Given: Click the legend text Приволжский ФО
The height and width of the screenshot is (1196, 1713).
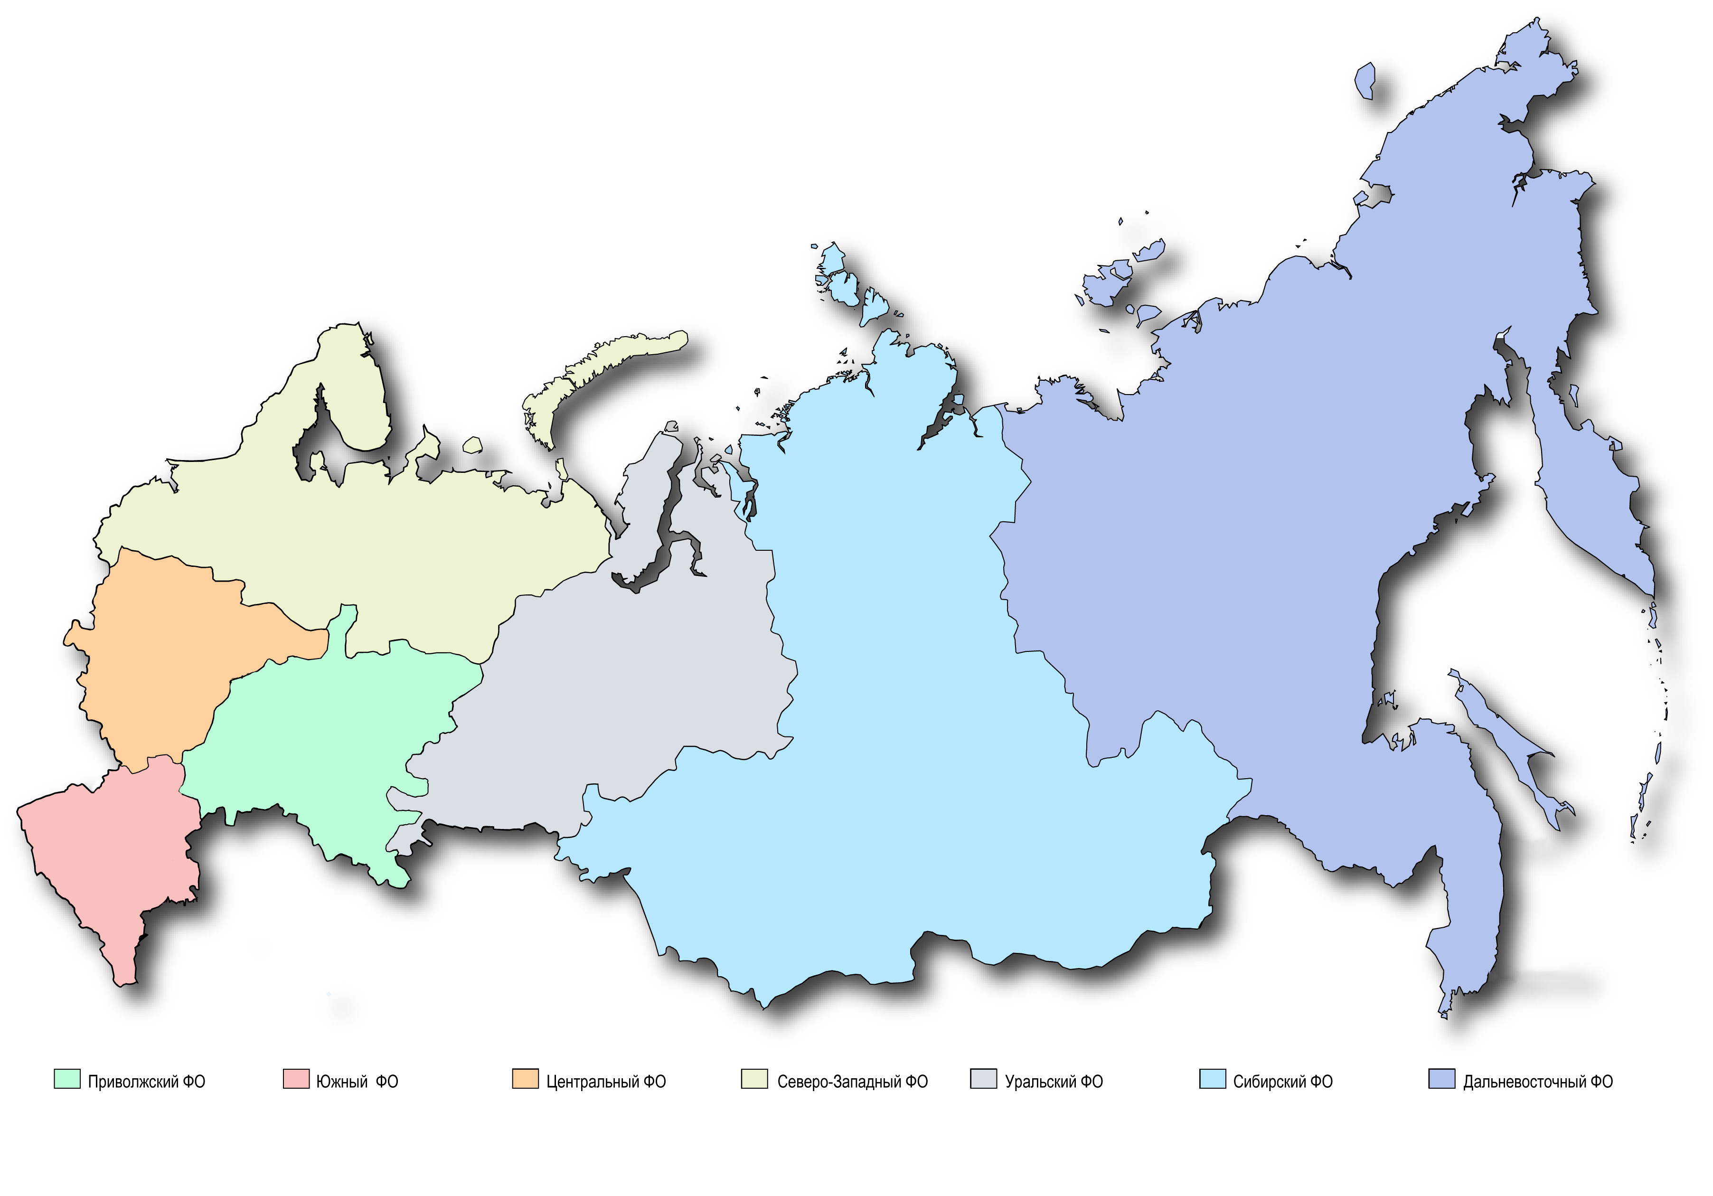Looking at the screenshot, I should [x=146, y=1081].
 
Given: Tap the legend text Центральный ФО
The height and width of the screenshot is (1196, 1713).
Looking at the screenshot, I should [x=606, y=1081].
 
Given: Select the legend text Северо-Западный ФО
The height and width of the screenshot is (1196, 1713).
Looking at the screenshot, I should [x=852, y=1081].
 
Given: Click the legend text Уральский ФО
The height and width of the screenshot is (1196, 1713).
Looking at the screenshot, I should [x=1054, y=1081].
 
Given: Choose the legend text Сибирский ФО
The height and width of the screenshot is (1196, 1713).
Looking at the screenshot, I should [x=1282, y=1081].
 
